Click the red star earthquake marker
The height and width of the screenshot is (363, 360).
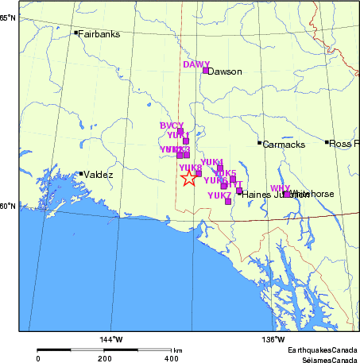188,178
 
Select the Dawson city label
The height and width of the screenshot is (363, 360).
224,71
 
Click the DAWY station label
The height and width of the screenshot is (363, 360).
195,64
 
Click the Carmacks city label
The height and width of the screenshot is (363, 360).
281,144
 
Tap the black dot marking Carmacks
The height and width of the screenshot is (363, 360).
259,143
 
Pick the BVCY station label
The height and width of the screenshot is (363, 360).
171,126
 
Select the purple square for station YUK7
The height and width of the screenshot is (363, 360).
228,202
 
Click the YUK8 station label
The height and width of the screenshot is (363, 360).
190,168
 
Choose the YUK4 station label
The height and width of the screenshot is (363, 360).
211,162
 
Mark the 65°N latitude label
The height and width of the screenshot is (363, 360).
7,17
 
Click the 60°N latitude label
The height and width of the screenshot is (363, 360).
7,207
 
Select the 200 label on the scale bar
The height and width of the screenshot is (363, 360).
103,359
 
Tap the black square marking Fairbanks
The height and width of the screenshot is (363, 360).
76,33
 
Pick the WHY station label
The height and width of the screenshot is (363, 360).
280,188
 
